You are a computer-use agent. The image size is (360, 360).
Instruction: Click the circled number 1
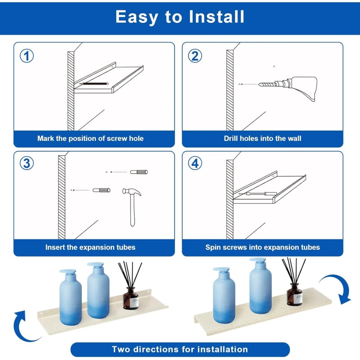[27, 56]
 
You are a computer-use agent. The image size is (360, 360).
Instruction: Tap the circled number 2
[195, 56]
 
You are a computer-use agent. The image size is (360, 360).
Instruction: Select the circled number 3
[27, 163]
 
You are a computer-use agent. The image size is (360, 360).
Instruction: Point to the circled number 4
[195, 163]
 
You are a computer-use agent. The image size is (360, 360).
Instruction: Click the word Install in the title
[216, 17]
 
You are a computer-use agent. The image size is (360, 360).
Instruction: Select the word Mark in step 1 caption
[46, 139]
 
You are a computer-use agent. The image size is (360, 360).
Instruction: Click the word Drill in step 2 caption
[231, 139]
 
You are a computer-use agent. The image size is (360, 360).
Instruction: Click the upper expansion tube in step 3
[139, 172]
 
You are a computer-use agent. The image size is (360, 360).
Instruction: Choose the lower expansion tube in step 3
[102, 190]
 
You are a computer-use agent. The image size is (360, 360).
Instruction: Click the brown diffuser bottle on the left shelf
[131, 298]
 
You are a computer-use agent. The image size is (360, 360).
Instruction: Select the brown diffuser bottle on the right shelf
[295, 294]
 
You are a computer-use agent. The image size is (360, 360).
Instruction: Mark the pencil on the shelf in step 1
[94, 84]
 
